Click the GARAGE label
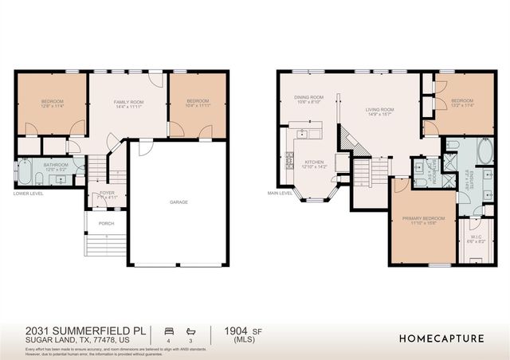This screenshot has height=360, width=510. click(178, 202)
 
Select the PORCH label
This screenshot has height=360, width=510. click(106, 224)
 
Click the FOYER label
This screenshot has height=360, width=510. click(106, 192)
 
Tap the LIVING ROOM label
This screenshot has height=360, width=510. click(380, 109)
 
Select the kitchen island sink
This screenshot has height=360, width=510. click(304, 134)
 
